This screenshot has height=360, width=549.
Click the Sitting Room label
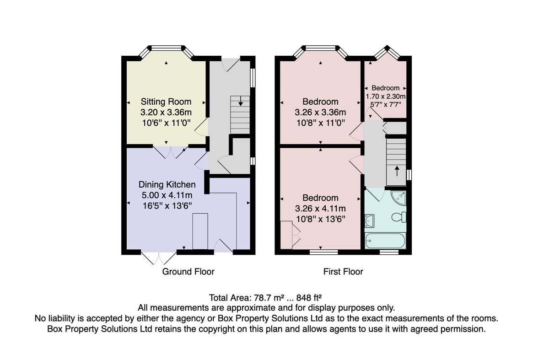click(x=166, y=102)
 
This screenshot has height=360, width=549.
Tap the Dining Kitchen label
click(x=167, y=184)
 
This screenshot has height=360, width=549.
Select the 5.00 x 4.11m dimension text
click(x=167, y=195)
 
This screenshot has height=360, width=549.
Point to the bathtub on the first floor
click(x=385, y=241)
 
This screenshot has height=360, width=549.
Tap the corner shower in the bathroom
click(x=399, y=198)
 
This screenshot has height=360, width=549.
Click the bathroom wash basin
click(x=369, y=221)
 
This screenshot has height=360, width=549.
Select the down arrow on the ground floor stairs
click(x=241, y=101)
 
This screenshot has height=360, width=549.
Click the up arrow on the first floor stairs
click(x=397, y=171)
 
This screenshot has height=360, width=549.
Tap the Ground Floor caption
click(x=188, y=272)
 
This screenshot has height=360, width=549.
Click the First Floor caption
click(x=343, y=272)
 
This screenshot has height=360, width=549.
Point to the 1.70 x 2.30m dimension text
click(x=386, y=97)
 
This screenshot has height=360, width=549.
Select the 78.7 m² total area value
click(x=269, y=298)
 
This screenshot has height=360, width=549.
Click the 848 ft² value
click(x=309, y=298)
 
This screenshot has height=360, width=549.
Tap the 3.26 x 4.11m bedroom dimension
click(x=320, y=209)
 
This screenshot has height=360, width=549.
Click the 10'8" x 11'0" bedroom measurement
click(x=321, y=123)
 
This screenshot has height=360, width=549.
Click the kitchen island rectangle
click(x=200, y=231)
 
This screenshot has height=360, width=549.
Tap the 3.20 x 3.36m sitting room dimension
click(x=166, y=113)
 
